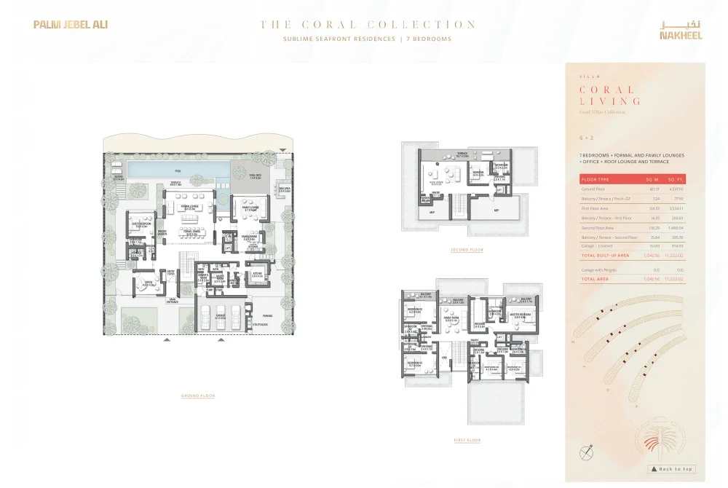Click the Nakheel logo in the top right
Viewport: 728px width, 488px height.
point(681,29)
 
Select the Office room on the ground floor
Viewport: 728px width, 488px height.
point(149,284)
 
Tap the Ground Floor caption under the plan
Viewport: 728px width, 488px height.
point(198,395)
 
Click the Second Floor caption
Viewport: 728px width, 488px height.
point(467,250)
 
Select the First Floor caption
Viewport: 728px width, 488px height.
point(467,440)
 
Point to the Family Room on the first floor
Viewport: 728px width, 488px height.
point(451,318)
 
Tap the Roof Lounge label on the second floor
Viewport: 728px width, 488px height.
point(436,183)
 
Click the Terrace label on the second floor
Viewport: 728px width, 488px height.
point(462,154)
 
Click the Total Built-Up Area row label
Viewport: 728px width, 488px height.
point(604,256)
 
